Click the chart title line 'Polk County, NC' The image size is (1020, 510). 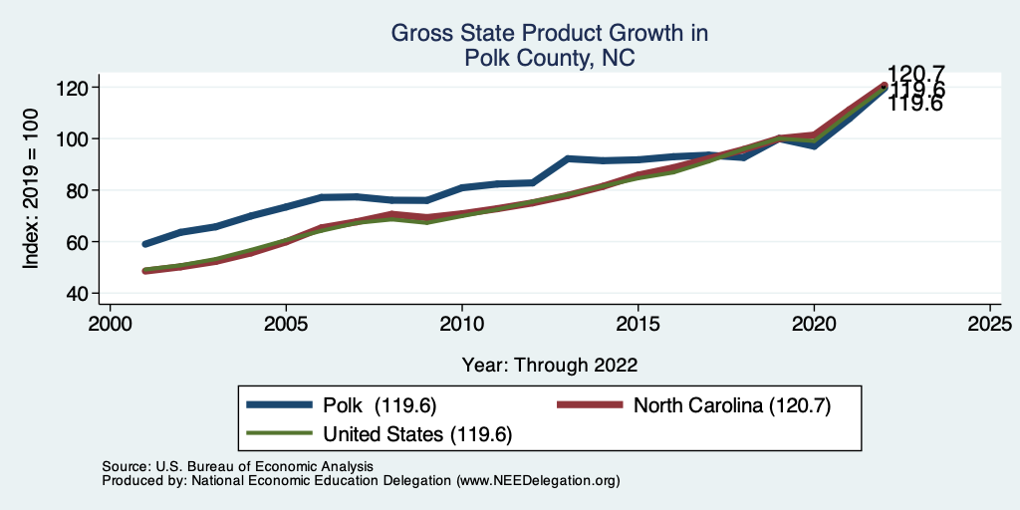coord(549,59)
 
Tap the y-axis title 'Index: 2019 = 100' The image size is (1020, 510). coord(31,190)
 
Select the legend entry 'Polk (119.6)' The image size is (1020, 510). coord(380,405)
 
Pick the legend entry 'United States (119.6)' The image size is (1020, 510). coord(418,434)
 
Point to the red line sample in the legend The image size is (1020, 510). coord(588,405)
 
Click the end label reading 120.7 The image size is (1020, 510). coord(915,74)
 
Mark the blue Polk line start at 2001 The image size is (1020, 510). coord(145,244)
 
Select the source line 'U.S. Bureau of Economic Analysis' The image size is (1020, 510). coord(264,466)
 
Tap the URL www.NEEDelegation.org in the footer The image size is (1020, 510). coord(539,480)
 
